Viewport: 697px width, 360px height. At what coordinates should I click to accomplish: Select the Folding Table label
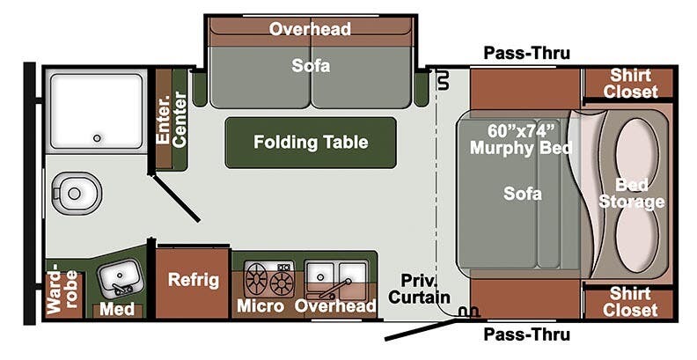pyautogui.click(x=310, y=142)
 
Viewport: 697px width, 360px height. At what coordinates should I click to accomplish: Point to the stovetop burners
pyautogui.click(x=270, y=279)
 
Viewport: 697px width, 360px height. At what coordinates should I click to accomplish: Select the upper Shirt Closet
pyautogui.click(x=630, y=83)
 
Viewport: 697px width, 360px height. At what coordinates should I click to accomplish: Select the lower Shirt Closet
pyautogui.click(x=630, y=301)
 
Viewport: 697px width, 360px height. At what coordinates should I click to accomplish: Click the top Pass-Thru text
pyautogui.click(x=526, y=54)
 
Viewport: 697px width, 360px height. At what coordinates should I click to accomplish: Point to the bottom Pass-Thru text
pyautogui.click(x=526, y=334)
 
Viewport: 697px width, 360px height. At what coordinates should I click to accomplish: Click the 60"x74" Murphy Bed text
pyautogui.click(x=520, y=139)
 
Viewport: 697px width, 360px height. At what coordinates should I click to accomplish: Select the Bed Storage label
pyautogui.click(x=631, y=194)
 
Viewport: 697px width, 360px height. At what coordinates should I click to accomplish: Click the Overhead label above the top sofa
pyautogui.click(x=310, y=29)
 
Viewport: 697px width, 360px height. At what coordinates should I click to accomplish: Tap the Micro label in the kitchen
pyautogui.click(x=260, y=305)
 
